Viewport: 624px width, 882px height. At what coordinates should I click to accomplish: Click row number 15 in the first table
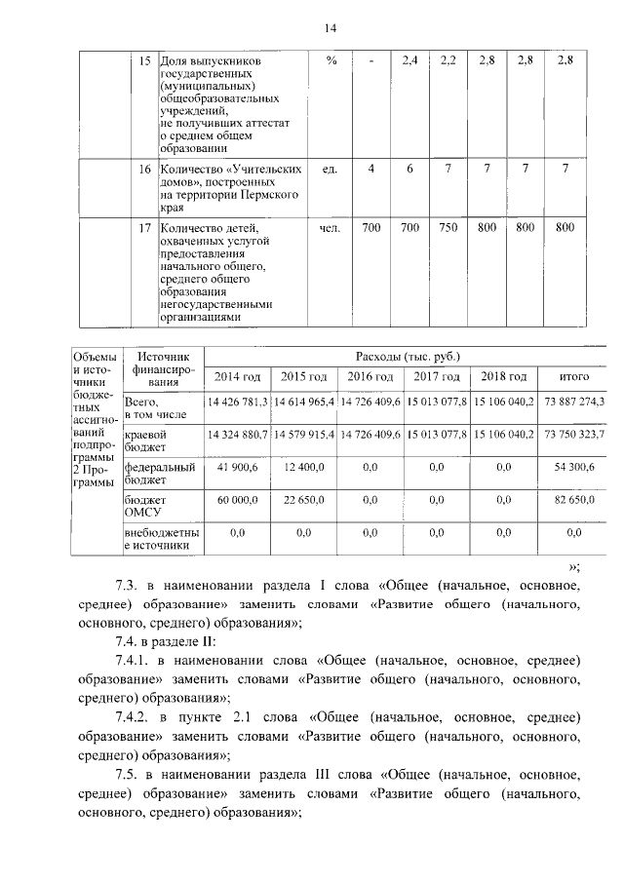[143, 60]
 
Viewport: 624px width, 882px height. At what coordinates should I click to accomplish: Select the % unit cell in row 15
[331, 60]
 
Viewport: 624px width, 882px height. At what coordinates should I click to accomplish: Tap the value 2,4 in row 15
[409, 60]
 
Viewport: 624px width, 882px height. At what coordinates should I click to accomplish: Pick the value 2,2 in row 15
[448, 60]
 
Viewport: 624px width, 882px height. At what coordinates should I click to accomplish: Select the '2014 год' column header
[238, 377]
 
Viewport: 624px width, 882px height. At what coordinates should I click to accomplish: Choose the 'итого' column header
[573, 377]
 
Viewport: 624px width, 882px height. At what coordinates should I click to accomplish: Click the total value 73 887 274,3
[574, 402]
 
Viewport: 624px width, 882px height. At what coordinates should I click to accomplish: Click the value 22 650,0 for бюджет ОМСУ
[304, 501]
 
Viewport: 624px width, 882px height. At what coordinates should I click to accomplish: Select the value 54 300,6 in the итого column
[574, 468]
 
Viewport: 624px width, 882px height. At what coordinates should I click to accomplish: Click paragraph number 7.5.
[128, 776]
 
